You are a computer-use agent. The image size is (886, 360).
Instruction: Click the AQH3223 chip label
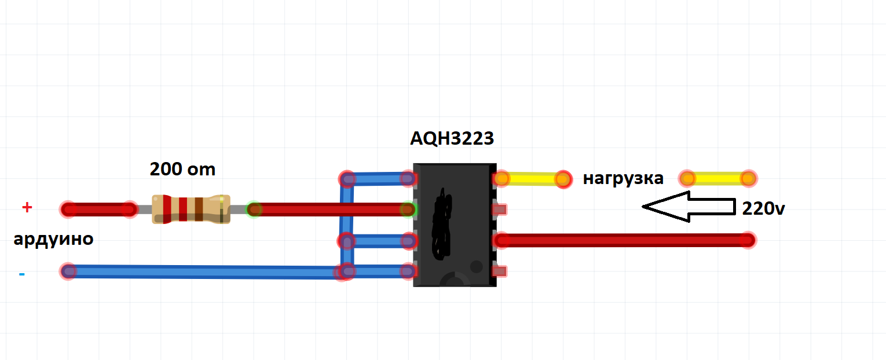452,138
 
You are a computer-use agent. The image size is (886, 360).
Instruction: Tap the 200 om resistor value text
182,169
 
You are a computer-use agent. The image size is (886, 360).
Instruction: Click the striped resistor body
191,209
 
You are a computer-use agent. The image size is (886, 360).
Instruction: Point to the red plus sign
27,207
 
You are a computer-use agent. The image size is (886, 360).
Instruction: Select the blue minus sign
22,274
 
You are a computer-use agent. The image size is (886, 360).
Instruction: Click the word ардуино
53,239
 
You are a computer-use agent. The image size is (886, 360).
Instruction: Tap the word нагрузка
623,178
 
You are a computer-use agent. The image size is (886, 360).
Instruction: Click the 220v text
763,208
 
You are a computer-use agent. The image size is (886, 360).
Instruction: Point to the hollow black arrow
689,207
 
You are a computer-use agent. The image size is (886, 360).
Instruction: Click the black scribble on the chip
442,224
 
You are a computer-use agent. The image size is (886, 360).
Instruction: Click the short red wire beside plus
99,209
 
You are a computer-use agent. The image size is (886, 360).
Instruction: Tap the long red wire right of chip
625,240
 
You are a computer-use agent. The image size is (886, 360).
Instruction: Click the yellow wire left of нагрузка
532,179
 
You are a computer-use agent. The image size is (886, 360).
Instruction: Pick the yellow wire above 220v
718,179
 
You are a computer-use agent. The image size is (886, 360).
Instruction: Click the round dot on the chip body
476,267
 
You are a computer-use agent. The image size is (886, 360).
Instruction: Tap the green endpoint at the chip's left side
408,209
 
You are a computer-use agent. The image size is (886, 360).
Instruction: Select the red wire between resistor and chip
331,209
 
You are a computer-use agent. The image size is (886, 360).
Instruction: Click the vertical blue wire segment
347,225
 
